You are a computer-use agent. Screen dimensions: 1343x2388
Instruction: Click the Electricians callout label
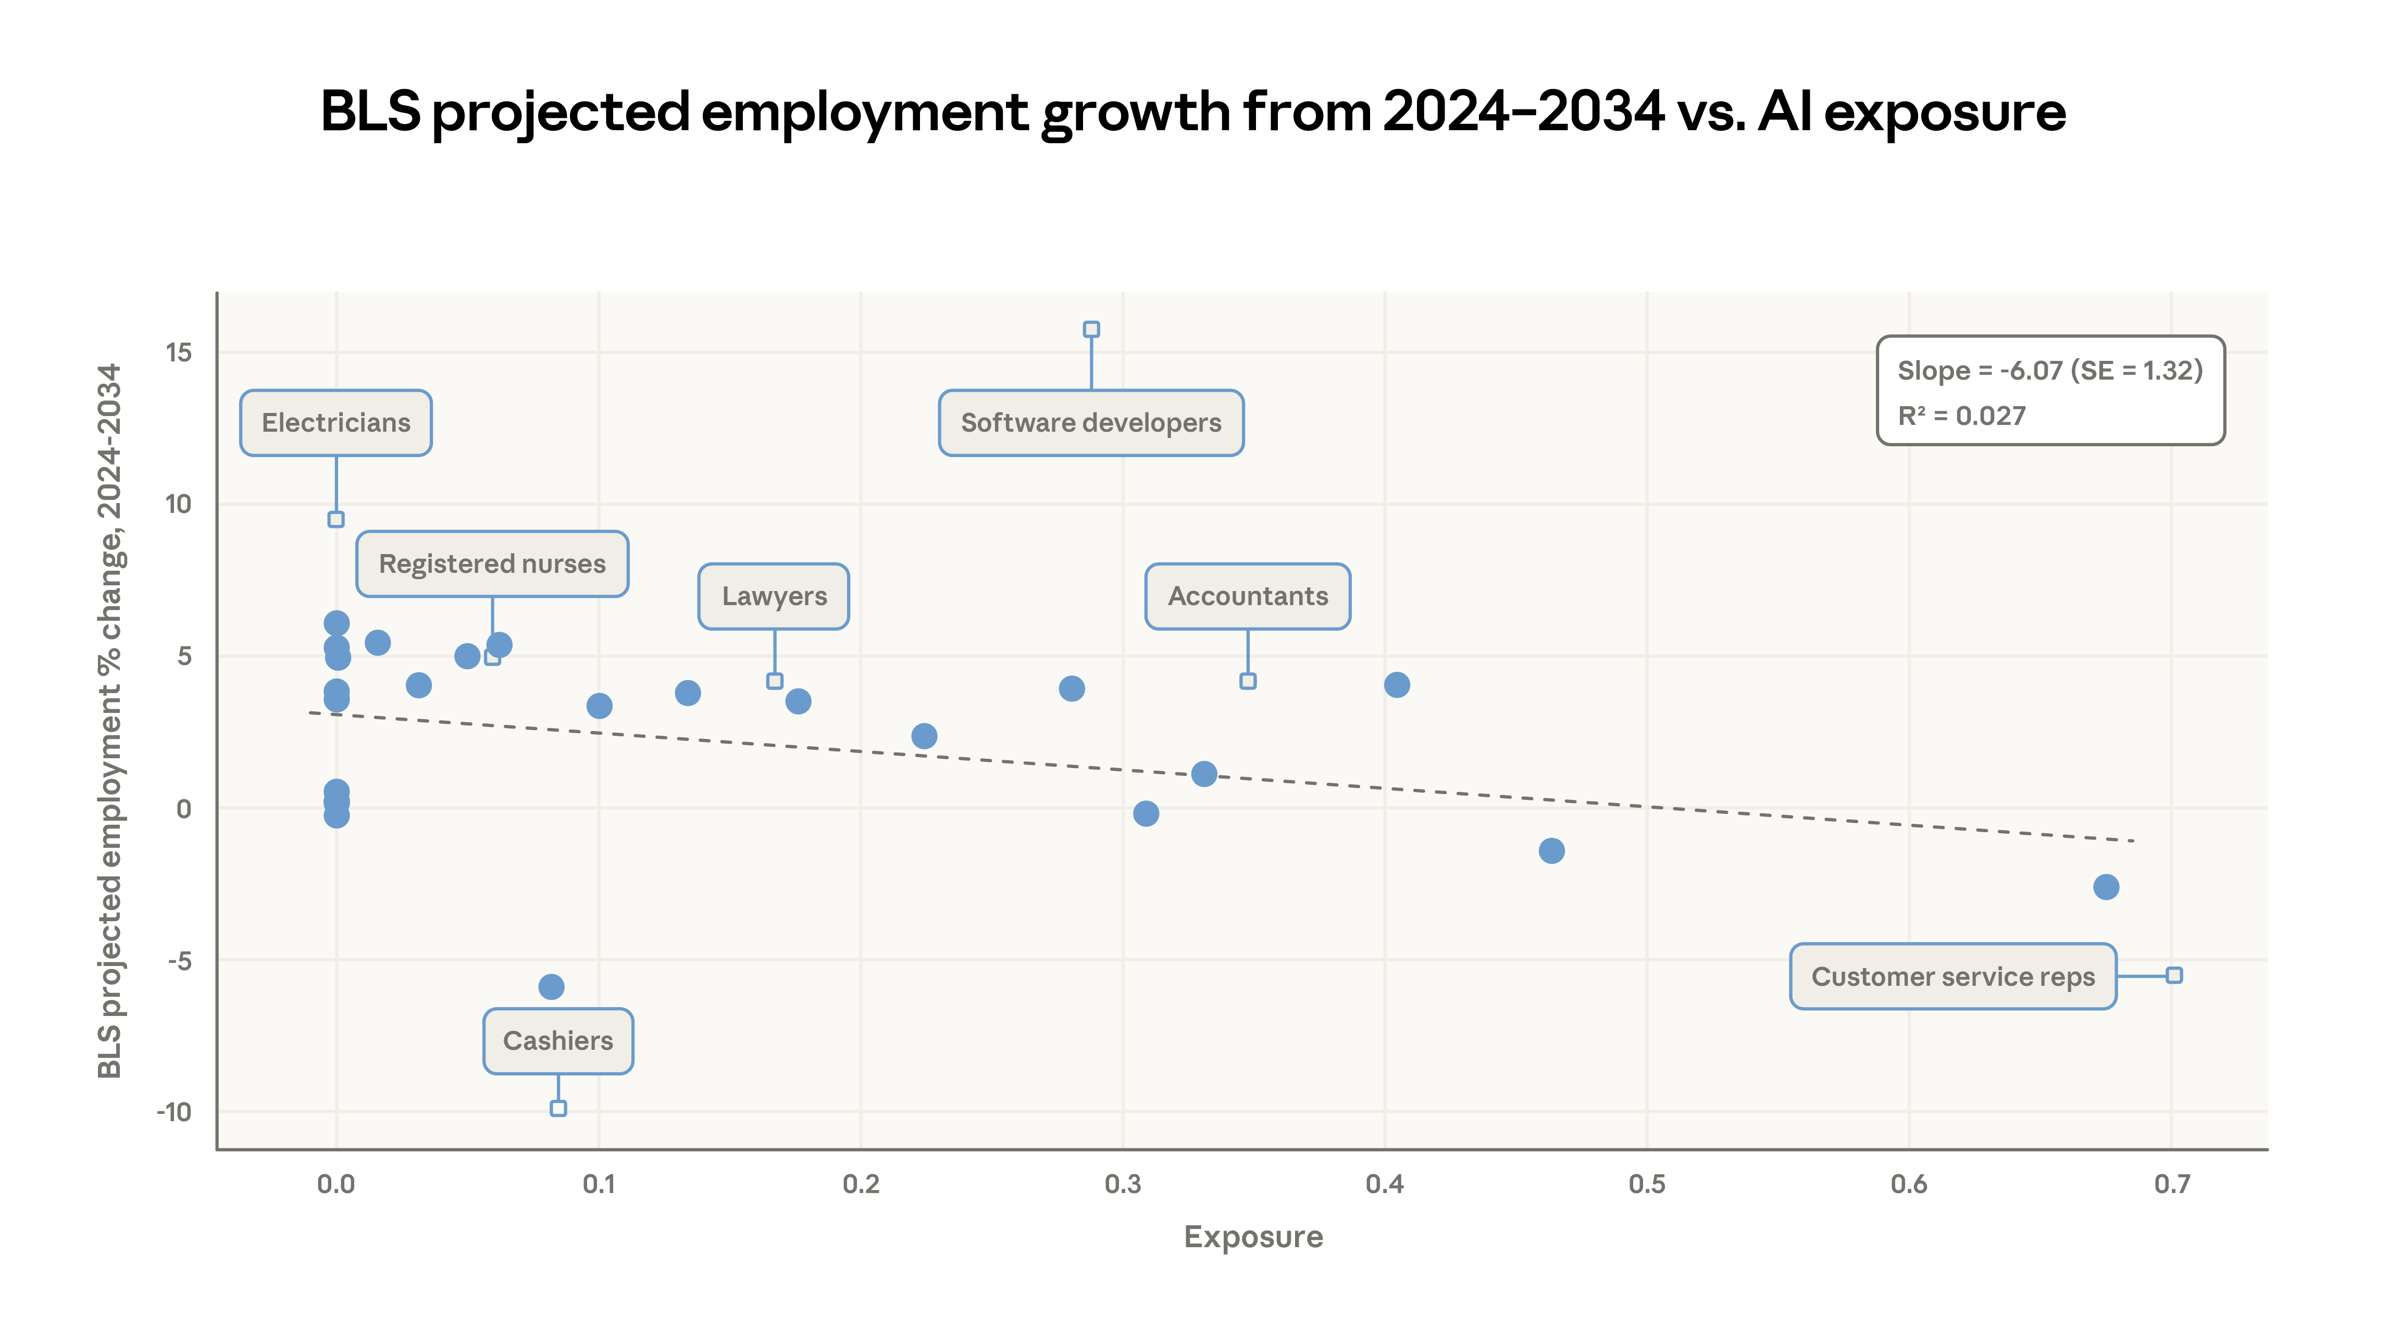(x=335, y=423)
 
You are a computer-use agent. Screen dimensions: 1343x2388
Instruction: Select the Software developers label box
(x=1090, y=423)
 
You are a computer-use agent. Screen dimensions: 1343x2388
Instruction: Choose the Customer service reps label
(x=1952, y=977)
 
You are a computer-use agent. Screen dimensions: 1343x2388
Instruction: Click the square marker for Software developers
(x=1091, y=329)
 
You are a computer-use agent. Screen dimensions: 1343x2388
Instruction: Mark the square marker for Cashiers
(x=558, y=1109)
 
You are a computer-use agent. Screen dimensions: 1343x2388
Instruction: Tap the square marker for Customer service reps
(x=2174, y=975)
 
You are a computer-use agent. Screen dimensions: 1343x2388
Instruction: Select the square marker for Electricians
(x=335, y=519)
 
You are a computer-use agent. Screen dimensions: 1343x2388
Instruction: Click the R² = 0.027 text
(x=1961, y=416)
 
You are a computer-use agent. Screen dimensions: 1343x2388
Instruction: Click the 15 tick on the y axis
(x=178, y=352)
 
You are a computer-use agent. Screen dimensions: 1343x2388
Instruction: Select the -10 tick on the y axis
(x=175, y=1112)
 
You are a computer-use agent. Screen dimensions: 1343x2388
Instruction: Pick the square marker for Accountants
(x=1248, y=681)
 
